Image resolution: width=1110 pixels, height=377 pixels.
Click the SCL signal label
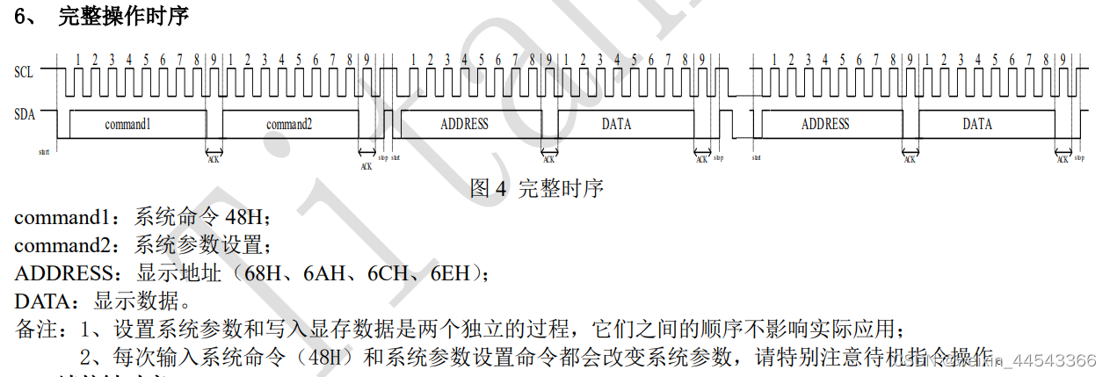(24, 72)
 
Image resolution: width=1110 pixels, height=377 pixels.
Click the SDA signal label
(24, 113)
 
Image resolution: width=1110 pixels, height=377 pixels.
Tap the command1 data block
(127, 124)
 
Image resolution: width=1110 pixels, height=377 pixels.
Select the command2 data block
(289, 124)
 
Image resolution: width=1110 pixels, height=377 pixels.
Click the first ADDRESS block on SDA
(464, 124)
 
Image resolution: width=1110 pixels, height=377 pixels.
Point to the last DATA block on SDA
(976, 124)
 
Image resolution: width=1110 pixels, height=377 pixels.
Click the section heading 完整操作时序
(123, 16)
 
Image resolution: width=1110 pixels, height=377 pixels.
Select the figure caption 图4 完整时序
(537, 187)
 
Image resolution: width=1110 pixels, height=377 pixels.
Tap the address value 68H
(268, 273)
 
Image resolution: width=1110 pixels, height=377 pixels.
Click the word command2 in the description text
(64, 245)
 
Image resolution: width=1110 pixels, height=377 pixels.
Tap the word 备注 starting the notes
(35, 330)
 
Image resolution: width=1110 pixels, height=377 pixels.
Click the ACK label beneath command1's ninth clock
(214, 158)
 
